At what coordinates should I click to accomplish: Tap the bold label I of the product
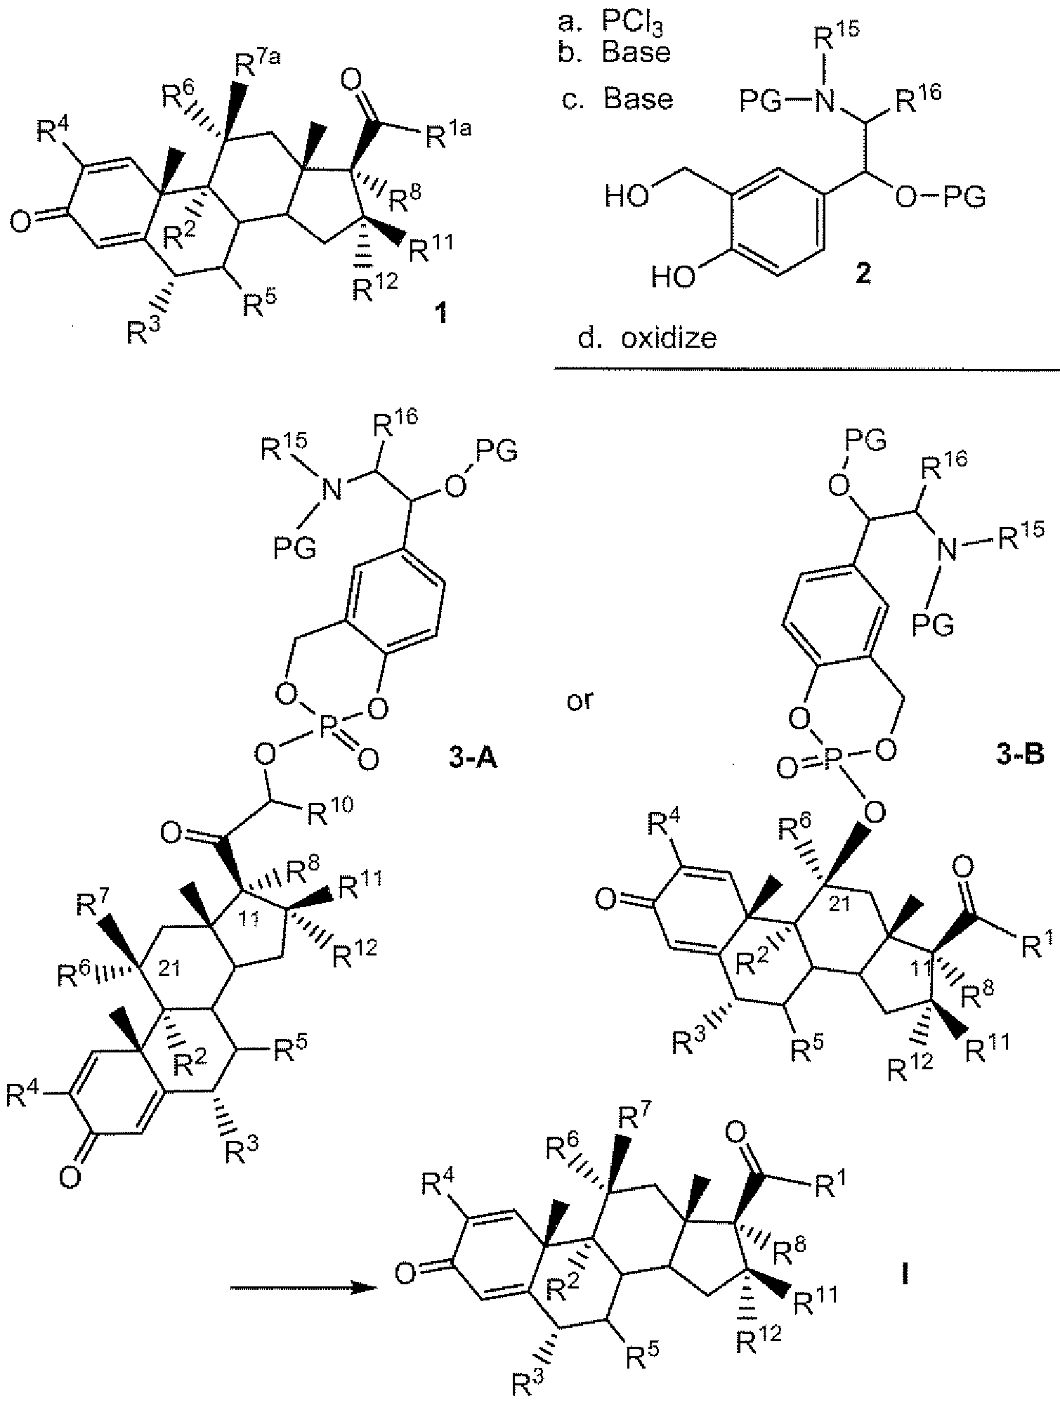(x=905, y=1273)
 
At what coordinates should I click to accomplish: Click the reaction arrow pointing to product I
(x=301, y=1288)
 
